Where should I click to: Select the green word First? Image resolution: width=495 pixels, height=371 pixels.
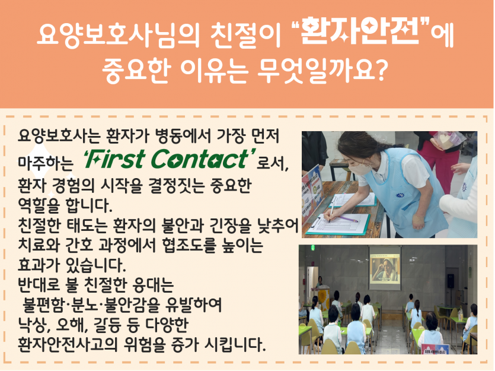pos(118,160)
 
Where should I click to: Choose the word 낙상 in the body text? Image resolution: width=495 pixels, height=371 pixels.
pos(33,325)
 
